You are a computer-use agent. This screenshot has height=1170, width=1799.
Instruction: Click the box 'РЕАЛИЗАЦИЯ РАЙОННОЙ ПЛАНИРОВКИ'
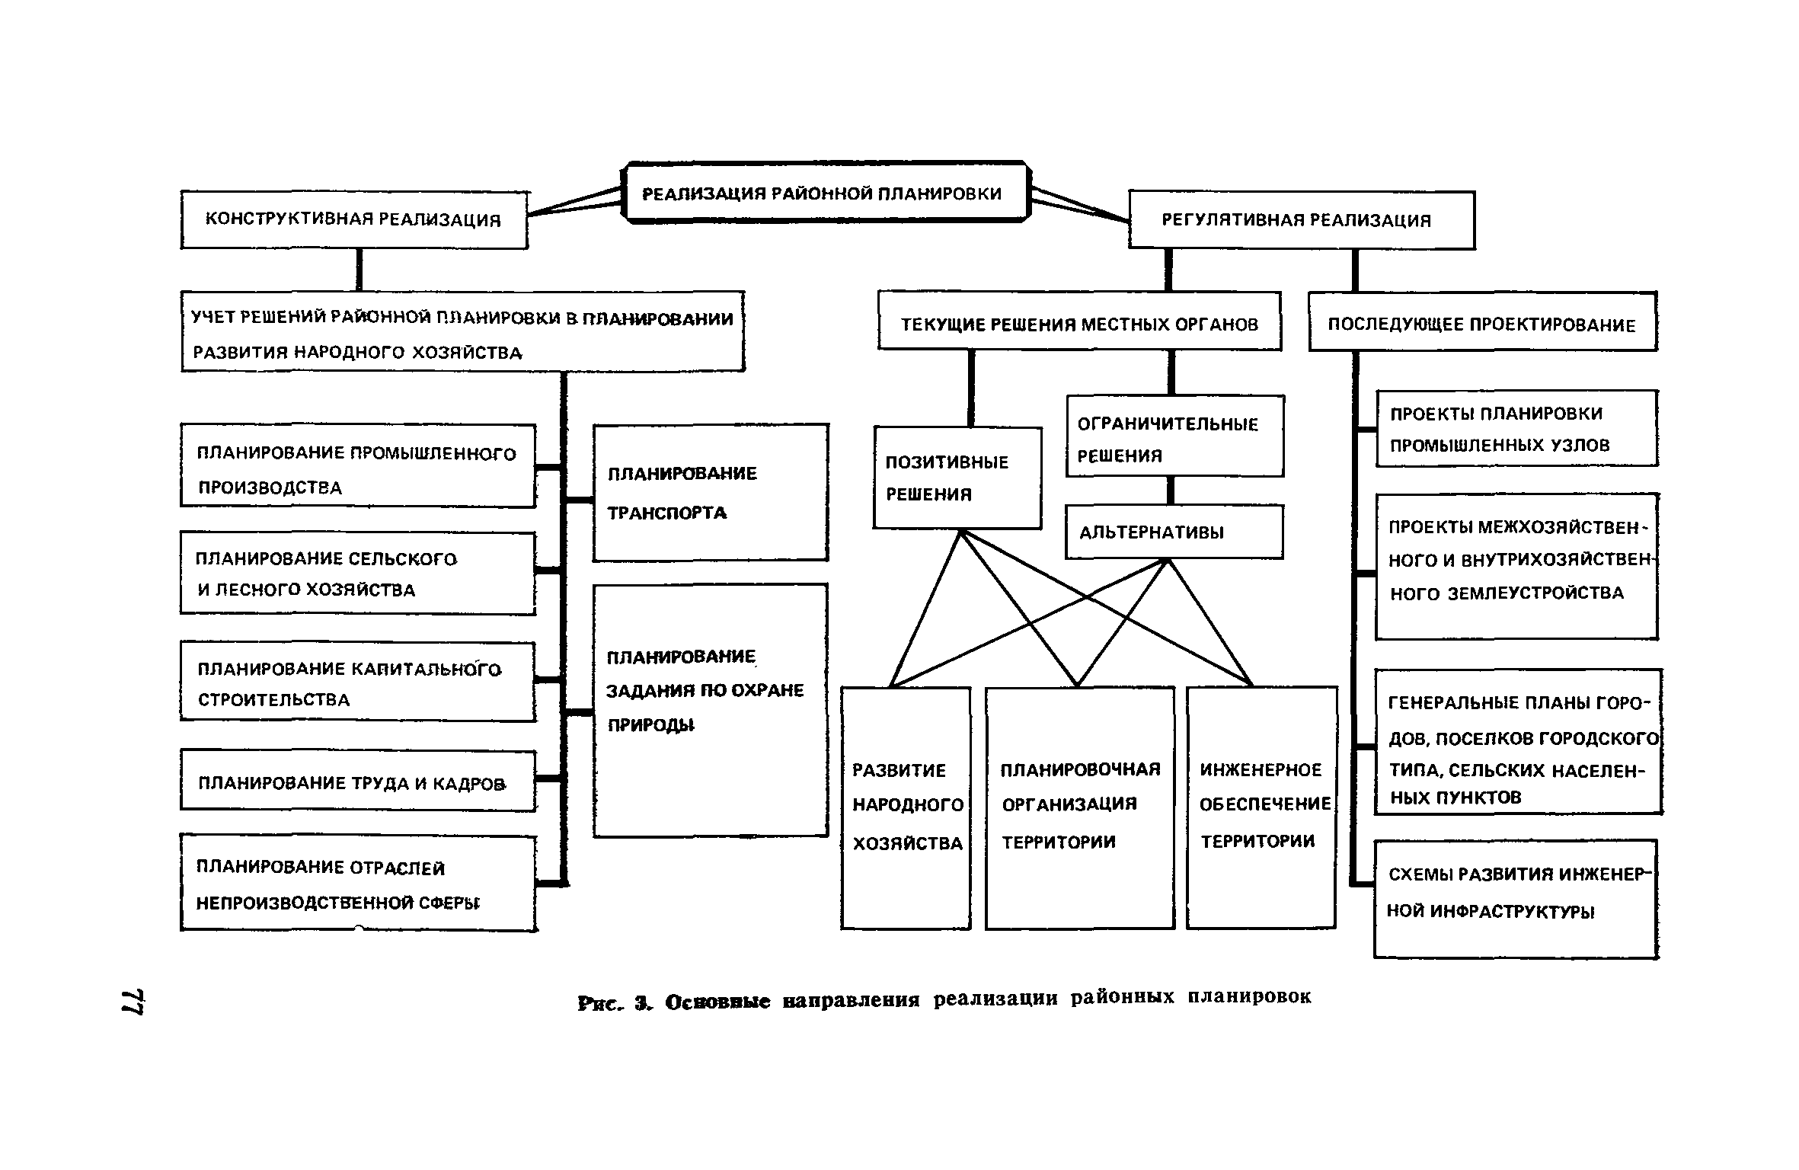pos(823,193)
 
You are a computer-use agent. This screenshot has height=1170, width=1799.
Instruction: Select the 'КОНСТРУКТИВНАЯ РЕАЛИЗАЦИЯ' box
pos(354,220)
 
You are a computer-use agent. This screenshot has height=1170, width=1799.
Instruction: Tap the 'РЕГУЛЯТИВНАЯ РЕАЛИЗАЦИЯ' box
pos(1301,220)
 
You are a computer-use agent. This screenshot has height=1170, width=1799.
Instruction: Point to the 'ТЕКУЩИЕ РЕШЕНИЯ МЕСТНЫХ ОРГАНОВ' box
pos(1079,324)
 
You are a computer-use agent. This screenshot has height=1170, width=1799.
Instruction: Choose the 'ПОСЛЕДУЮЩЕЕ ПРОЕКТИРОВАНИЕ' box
pos(1482,324)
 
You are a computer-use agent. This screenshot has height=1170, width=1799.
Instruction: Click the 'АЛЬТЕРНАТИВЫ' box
pos(1173,532)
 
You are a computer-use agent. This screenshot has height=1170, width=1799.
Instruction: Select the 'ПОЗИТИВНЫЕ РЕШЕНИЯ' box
pos(957,478)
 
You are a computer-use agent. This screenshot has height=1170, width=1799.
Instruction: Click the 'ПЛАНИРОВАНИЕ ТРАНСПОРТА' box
pos(710,493)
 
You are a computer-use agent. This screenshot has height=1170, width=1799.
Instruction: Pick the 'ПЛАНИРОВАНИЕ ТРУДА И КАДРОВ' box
pos(358,782)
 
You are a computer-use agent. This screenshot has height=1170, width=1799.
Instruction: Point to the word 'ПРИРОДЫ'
pos(651,725)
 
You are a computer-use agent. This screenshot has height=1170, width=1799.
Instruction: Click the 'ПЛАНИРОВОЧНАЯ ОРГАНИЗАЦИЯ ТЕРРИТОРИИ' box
pos(1079,807)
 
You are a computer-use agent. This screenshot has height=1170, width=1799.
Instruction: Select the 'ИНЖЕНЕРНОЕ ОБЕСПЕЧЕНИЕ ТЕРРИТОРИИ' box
pos(1261,807)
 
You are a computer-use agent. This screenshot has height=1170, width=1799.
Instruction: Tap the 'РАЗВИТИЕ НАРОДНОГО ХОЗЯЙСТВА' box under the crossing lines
pos(906,807)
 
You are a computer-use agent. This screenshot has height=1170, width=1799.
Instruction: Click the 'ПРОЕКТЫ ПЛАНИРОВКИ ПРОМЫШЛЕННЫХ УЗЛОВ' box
pos(1516,429)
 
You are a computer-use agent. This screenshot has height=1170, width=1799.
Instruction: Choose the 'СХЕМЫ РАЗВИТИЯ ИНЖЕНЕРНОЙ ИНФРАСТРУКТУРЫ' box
pos(1516,898)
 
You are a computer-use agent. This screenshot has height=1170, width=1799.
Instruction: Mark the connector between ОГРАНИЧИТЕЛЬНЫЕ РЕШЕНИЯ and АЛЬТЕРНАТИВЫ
pos(1171,491)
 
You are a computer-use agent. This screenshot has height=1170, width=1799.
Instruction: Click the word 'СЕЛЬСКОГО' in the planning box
pos(403,559)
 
